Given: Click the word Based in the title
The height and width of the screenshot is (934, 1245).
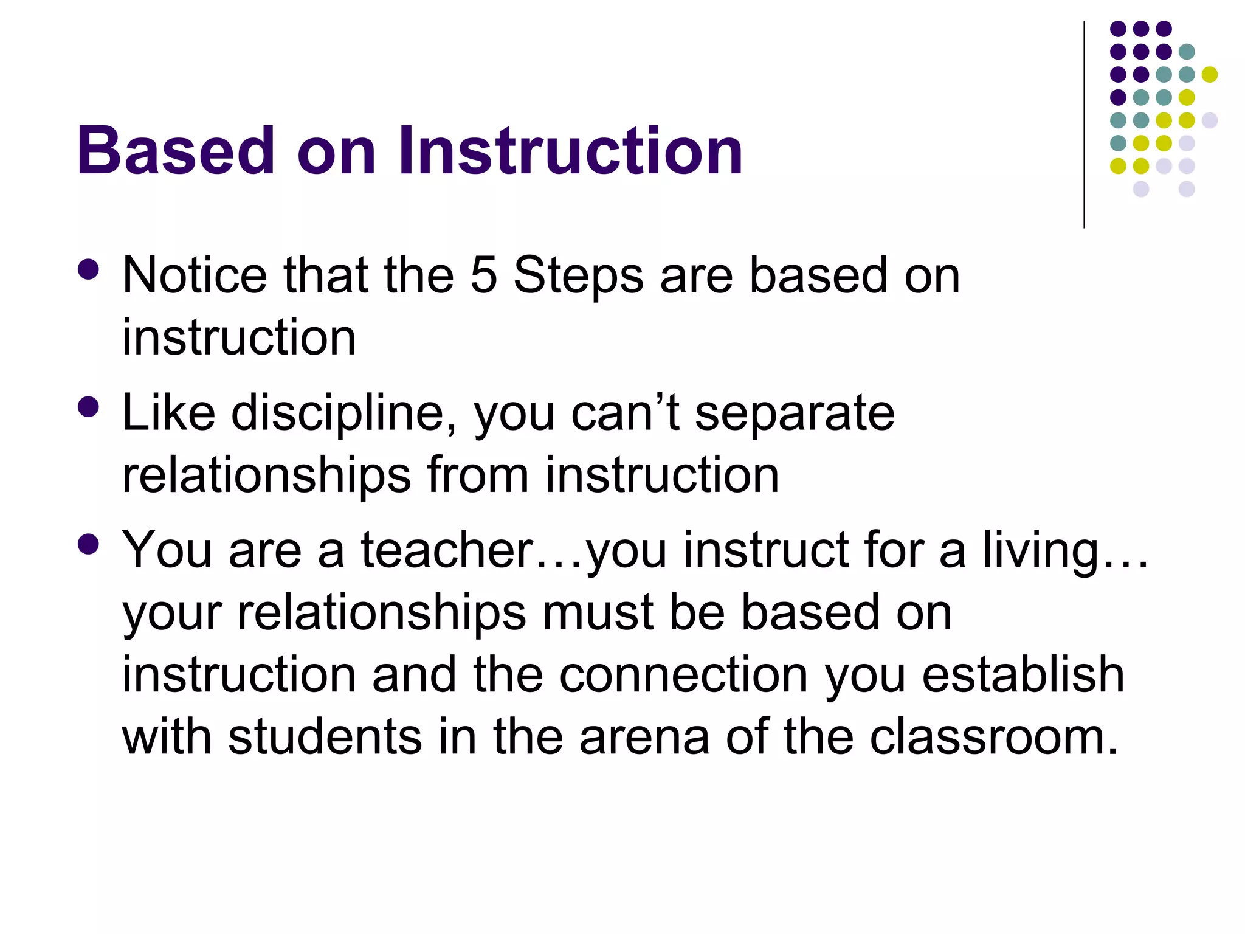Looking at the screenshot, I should click(176, 150).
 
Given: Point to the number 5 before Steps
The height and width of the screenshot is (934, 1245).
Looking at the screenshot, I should click(484, 275).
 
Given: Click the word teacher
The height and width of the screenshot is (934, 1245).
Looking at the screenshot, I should click(447, 550).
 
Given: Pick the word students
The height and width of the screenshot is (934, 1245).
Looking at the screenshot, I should click(325, 737).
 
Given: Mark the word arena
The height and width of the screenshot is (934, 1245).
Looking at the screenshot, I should click(644, 737).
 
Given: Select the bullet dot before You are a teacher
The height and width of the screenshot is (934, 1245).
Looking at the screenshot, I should click(89, 544).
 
